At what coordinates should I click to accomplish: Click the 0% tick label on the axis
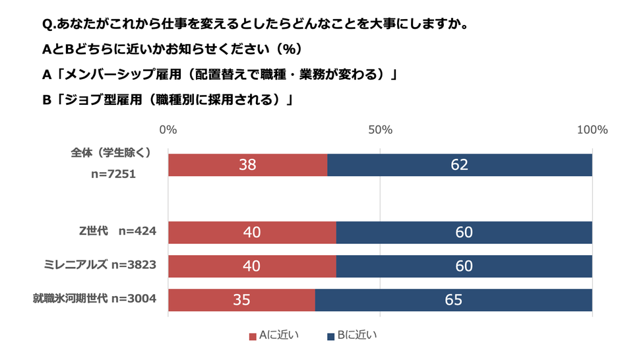pyautogui.click(x=168, y=130)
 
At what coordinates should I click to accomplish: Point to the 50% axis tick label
pyautogui.click(x=380, y=130)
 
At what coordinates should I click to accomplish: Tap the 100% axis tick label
pyautogui.click(x=592, y=130)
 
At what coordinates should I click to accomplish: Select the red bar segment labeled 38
pyautogui.click(x=247, y=165)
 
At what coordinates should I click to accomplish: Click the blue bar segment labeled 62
pyautogui.click(x=459, y=165)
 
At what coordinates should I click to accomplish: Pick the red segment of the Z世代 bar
pyautogui.click(x=252, y=232)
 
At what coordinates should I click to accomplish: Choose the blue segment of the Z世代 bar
pyautogui.click(x=464, y=232)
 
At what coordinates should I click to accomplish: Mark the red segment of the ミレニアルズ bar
pyautogui.click(x=252, y=266)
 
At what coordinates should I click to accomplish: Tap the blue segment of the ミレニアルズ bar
pyautogui.click(x=464, y=266)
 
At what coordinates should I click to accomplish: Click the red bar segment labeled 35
pyautogui.click(x=241, y=300)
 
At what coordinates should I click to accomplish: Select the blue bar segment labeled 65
pyautogui.click(x=453, y=300)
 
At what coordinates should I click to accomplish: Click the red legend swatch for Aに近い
pyautogui.click(x=252, y=337)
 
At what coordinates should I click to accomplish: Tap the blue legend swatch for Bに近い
pyautogui.click(x=330, y=337)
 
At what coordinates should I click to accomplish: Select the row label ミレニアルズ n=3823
pyautogui.click(x=98, y=265)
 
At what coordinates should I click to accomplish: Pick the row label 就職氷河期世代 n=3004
pyautogui.click(x=94, y=299)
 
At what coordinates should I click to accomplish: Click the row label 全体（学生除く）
pyautogui.click(x=111, y=152)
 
